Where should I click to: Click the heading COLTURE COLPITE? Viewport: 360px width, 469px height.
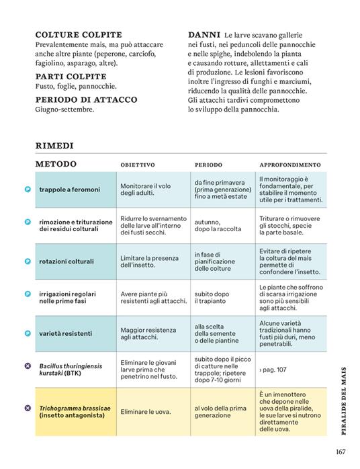[78, 34]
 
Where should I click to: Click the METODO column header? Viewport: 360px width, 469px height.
[56, 164]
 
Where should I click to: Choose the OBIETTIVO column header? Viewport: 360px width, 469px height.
[138, 165]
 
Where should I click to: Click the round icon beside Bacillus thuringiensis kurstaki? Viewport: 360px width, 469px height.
[28, 366]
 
